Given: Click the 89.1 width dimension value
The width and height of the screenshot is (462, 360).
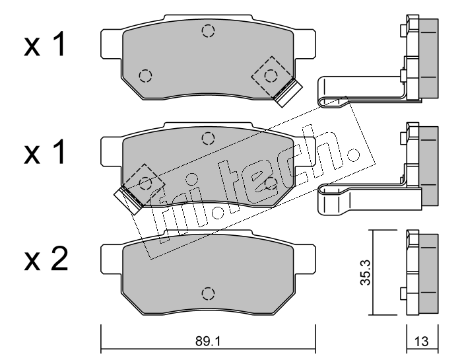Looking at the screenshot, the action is (x=208, y=342).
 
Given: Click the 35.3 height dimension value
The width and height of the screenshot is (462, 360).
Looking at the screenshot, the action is (x=366, y=272).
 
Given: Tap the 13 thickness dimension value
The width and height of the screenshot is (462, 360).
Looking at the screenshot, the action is (x=421, y=342).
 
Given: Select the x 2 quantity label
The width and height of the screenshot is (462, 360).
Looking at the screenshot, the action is (x=46, y=259).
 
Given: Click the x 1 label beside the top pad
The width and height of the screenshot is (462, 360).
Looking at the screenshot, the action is (x=44, y=45).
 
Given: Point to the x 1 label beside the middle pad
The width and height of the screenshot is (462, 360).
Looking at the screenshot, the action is (x=44, y=153).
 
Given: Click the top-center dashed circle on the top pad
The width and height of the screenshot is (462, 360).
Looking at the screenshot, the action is (x=208, y=31).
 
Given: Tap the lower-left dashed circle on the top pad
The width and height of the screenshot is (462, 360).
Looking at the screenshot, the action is (x=145, y=76).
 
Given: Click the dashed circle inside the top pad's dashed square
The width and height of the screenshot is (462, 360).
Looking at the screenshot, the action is (x=271, y=76).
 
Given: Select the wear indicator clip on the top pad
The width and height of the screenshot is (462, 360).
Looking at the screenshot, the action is (x=287, y=92).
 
